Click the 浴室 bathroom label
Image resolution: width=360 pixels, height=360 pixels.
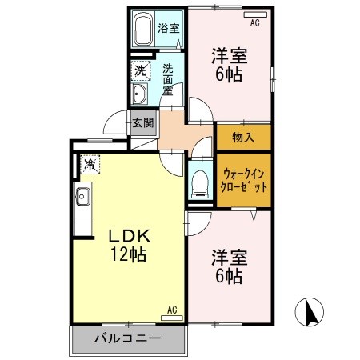pos(169,28)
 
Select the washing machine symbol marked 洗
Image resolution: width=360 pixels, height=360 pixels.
pos(140,70)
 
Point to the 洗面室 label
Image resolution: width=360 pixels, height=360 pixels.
pos(169,78)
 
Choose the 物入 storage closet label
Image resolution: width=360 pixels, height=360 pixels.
pos(243,136)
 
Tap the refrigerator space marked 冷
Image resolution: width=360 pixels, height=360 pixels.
pos(89,163)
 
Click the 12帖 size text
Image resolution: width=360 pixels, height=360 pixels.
pos(128,256)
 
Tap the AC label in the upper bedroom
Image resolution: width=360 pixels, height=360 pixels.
pos(255,23)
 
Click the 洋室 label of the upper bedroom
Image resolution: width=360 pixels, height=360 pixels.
pos(229,57)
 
